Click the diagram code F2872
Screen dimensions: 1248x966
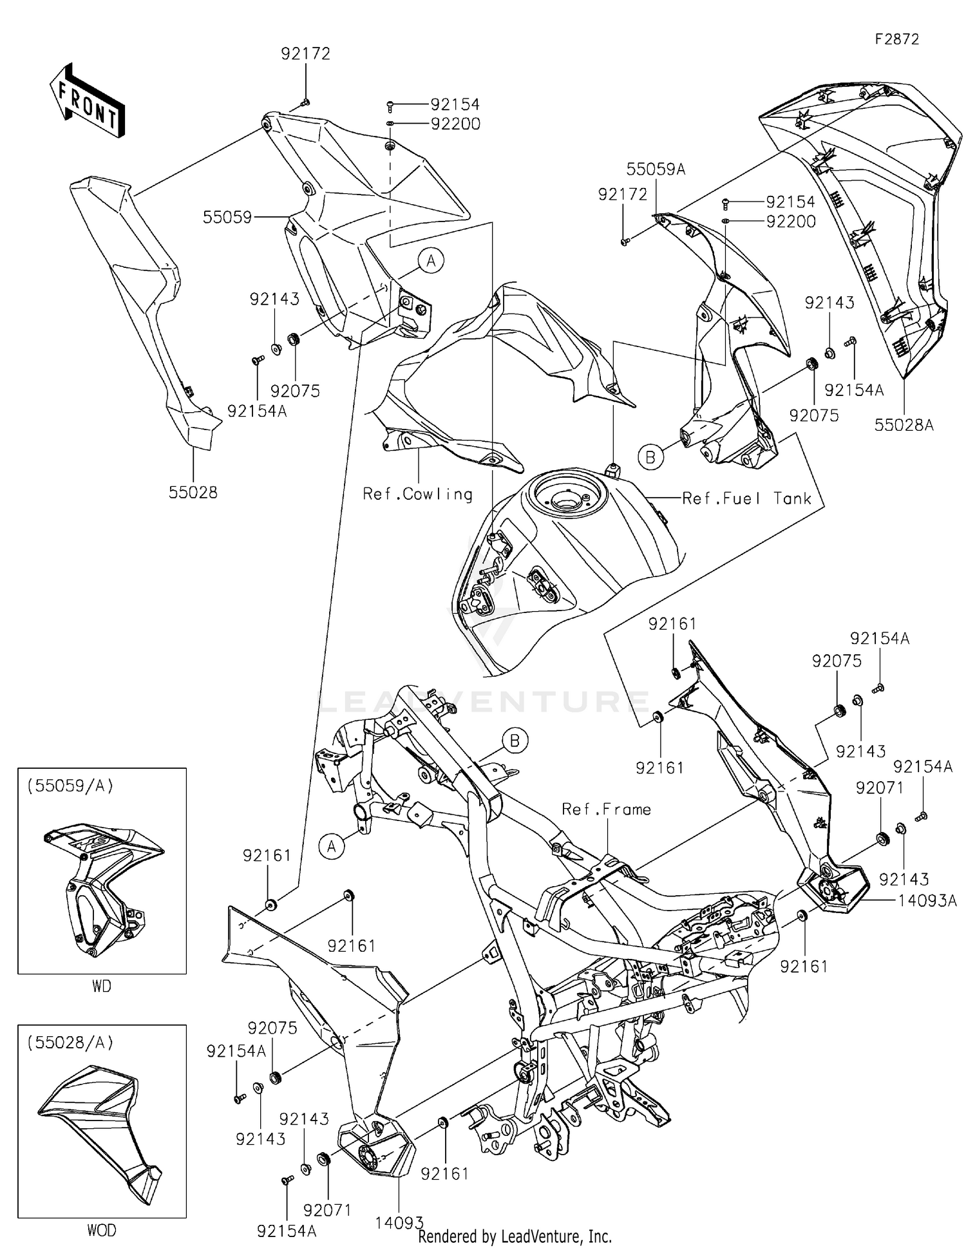coord(896,39)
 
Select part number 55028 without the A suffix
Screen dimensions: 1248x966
coord(193,493)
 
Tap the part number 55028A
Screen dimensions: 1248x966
coord(904,425)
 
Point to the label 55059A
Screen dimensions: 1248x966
coord(656,169)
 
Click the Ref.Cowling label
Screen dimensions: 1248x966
coord(417,495)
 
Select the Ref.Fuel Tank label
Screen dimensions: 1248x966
coord(746,498)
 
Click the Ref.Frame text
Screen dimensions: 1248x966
coord(606,809)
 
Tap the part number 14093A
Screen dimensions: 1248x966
coord(927,901)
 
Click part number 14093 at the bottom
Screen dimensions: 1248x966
coord(400,1222)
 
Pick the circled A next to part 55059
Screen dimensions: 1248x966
coord(431,261)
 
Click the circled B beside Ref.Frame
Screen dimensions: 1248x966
coord(515,741)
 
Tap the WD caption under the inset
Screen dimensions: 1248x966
coord(102,986)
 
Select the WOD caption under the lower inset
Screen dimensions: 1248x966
coord(102,1231)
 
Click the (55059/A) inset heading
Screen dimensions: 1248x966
coord(70,786)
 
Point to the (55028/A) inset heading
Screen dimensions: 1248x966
coord(70,1043)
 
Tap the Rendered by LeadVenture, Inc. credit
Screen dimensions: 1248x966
coord(515,1236)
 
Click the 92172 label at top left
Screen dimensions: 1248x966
coord(305,54)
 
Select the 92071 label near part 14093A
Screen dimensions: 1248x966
coord(879,788)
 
